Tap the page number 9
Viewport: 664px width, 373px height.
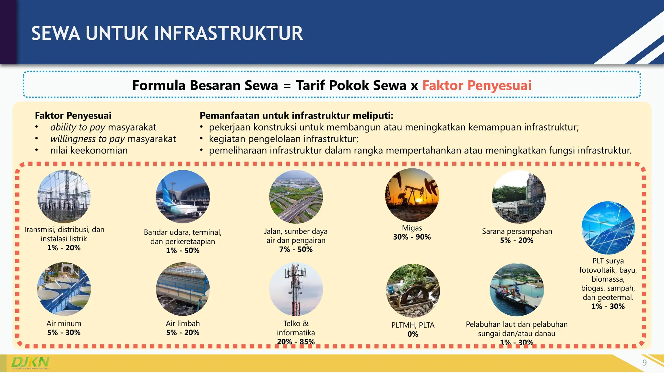tap(645, 363)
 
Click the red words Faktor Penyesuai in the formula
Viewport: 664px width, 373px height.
tap(477, 85)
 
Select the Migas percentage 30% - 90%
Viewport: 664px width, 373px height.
tap(412, 237)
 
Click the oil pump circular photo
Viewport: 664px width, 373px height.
tap(412, 195)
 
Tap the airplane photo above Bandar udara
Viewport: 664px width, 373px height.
tap(183, 197)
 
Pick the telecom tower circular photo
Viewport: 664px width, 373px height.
tap(296, 289)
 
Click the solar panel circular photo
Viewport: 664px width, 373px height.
tap(608, 228)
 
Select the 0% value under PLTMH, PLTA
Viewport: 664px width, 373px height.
tap(413, 334)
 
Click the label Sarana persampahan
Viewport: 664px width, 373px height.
tap(517, 231)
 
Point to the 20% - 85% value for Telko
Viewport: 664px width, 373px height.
tap(296, 342)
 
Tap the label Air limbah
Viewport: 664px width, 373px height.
tap(183, 323)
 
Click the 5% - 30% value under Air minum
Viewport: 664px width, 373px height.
tap(64, 333)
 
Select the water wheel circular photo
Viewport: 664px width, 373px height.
tap(413, 290)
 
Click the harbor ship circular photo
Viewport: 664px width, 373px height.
tap(516, 290)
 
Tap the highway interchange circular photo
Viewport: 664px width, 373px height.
tap(296, 197)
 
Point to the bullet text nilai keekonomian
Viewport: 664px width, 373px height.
tap(89, 151)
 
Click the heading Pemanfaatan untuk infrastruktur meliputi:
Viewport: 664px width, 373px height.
tap(296, 116)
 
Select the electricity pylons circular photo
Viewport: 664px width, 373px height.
tap(64, 197)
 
